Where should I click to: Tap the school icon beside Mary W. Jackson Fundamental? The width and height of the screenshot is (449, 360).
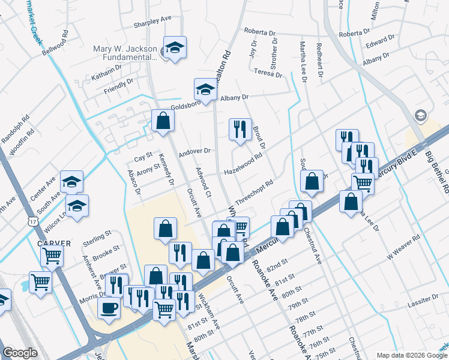click(175, 47)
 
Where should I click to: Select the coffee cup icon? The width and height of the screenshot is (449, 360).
click(109, 308)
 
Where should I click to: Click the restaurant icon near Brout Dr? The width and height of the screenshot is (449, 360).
click(240, 129)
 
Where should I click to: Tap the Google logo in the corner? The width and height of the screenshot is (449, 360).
click(20, 353)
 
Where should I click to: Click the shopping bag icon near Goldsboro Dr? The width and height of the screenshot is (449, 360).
click(163, 121)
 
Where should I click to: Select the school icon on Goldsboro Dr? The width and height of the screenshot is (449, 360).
click(205, 90)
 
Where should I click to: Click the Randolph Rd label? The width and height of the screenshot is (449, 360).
click(16, 128)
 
